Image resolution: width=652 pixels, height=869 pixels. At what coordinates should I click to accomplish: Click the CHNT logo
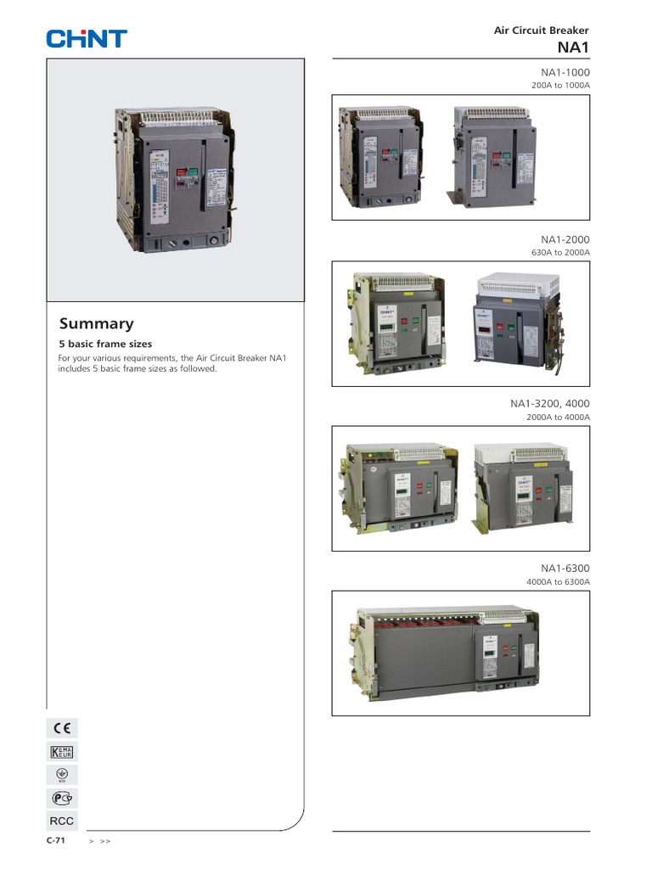[87, 38]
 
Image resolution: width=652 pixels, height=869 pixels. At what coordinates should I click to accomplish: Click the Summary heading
[96, 323]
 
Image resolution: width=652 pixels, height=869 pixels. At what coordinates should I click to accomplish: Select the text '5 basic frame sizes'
[104, 345]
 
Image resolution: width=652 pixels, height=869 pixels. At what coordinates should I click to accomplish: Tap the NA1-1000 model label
[565, 73]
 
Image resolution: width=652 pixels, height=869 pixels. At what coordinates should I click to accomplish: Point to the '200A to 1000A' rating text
[559, 86]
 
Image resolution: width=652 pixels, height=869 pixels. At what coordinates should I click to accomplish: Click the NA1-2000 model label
[565, 240]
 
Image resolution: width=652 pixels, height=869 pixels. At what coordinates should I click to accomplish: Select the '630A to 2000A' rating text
[559, 252]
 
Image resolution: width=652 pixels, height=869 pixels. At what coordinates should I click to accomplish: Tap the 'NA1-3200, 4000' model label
[549, 403]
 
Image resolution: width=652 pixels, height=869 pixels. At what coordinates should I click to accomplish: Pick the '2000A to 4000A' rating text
[557, 417]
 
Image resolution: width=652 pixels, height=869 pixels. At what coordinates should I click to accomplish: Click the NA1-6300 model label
[565, 568]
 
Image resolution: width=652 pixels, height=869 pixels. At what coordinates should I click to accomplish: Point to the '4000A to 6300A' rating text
[557, 581]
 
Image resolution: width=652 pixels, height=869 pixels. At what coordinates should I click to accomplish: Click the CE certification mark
[62, 728]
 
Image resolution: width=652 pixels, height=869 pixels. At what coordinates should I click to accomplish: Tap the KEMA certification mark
[62, 751]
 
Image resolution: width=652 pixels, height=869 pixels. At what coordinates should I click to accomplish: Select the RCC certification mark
[62, 821]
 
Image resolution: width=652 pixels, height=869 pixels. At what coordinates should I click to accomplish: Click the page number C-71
[56, 840]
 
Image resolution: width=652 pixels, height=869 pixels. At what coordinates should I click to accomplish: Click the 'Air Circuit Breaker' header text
[541, 31]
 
